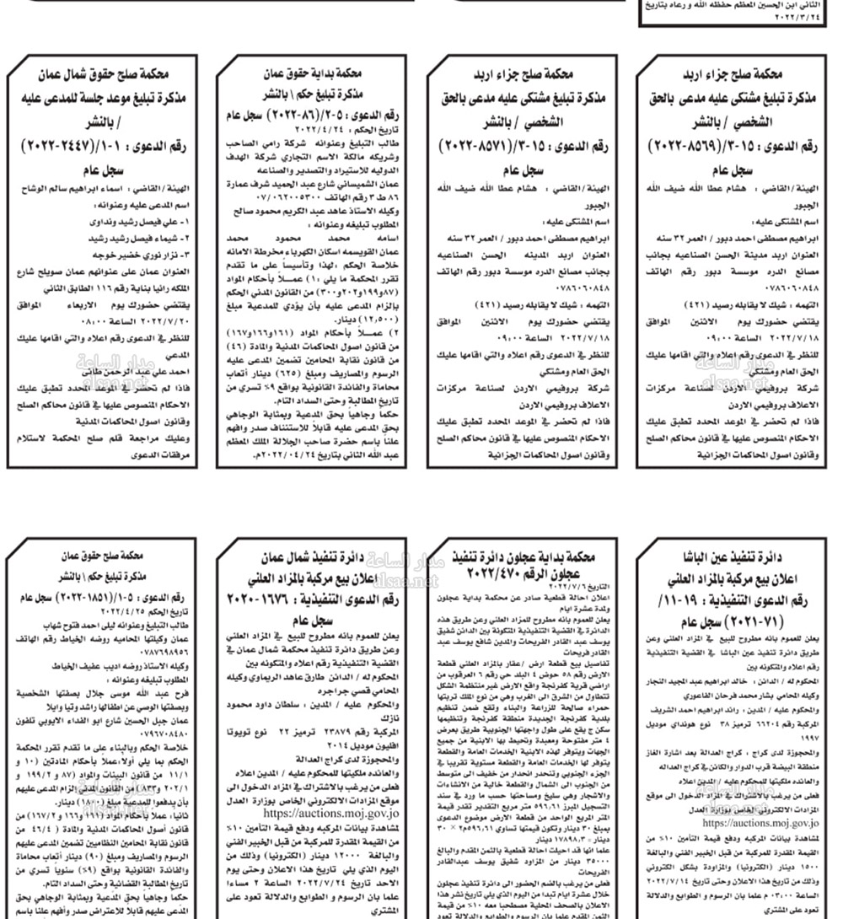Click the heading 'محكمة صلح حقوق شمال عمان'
click(103, 73)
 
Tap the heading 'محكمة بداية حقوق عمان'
click(314, 73)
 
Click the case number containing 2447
click(103, 148)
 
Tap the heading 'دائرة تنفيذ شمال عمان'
click(314, 557)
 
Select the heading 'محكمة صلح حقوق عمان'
click(103, 557)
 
